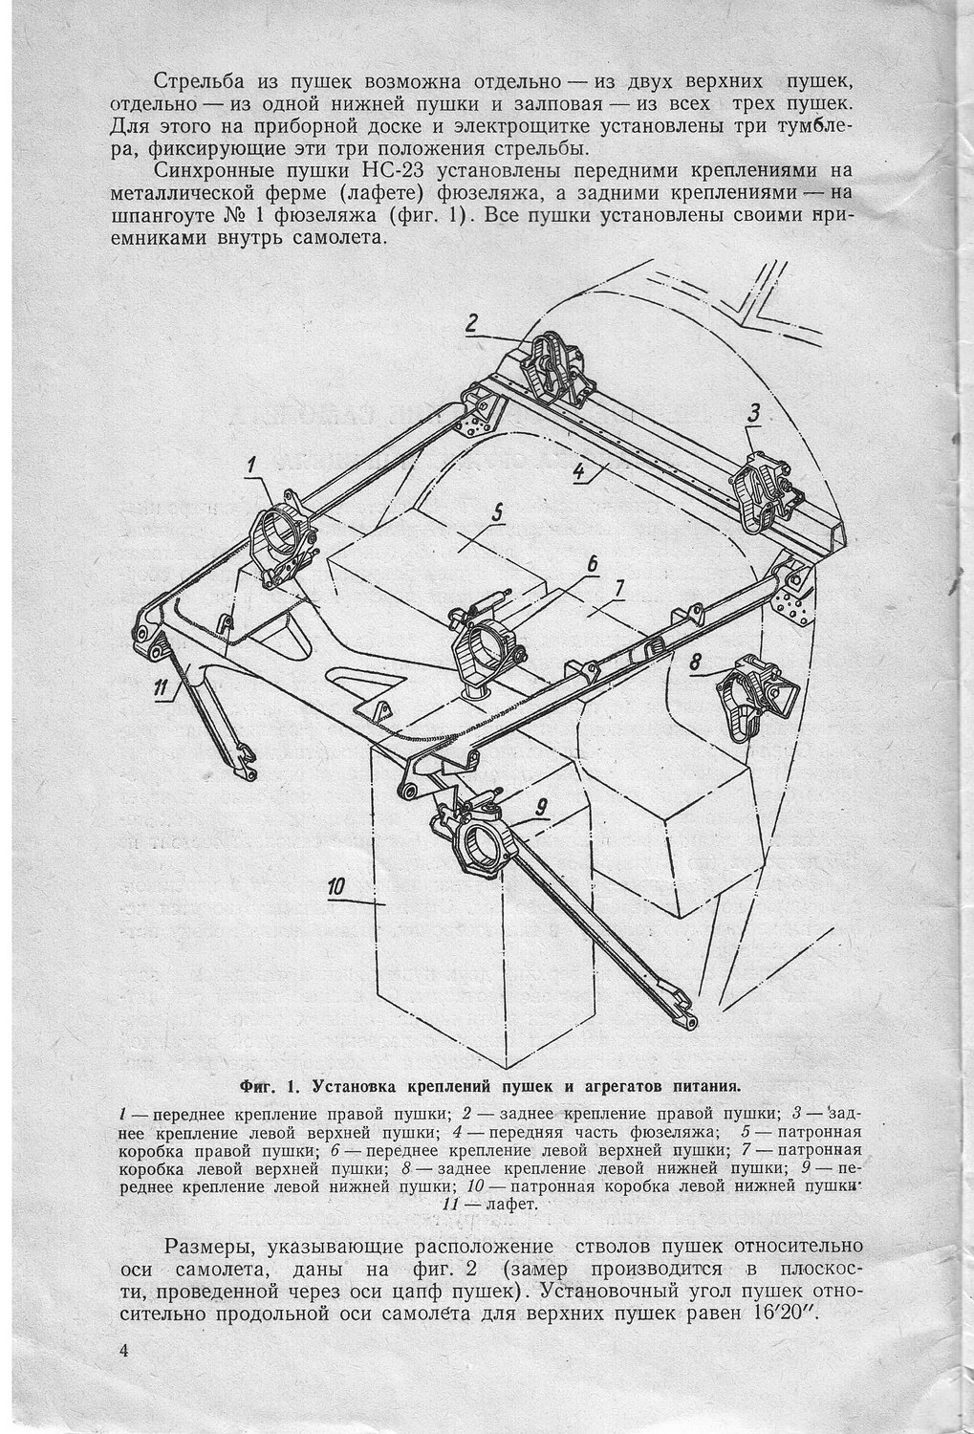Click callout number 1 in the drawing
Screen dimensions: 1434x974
pos(251,466)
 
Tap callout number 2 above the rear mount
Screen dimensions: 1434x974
pos(471,323)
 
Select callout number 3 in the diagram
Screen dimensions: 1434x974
pos(754,413)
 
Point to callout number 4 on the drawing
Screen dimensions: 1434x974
pos(579,469)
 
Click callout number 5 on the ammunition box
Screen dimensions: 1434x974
pos(497,512)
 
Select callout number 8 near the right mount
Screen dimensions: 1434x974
pos(696,661)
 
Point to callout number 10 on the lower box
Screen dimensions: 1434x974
pos(335,887)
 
